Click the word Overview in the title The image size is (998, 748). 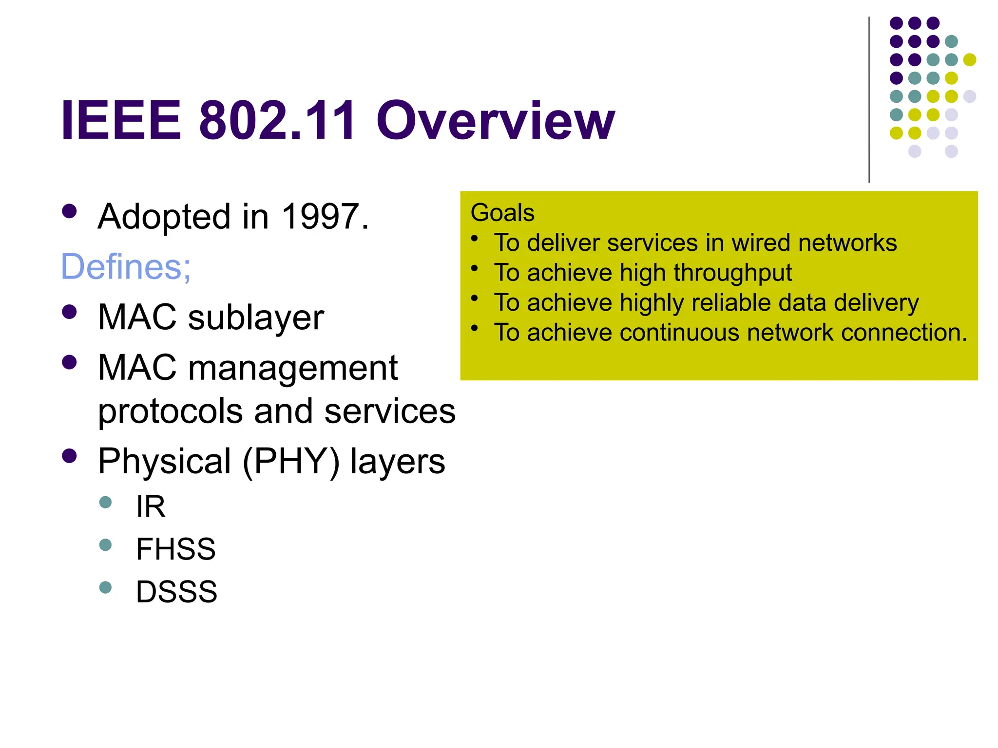495,121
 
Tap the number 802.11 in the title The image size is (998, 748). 277,121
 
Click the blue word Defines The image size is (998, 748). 125,267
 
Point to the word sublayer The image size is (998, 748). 256,318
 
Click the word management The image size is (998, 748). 293,368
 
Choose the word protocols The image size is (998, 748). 171,411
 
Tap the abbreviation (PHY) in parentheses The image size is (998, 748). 290,461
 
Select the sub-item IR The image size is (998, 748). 151,506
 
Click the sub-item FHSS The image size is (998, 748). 175,549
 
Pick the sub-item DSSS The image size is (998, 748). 176,592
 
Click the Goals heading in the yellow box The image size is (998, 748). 502,213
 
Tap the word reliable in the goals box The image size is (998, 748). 732,302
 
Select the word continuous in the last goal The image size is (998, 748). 679,333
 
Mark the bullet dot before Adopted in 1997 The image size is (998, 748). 70,211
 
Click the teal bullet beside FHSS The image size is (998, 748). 105,544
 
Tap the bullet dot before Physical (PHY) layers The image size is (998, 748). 70,456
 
